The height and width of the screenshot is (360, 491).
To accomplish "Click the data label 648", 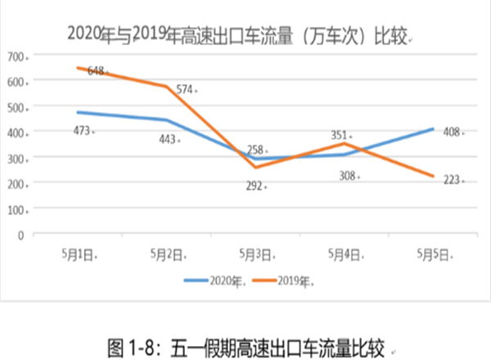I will pyautogui.click(x=95, y=71).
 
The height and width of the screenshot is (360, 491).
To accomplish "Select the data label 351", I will pyautogui.click(x=340, y=135).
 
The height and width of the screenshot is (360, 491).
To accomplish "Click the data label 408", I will pyautogui.click(x=453, y=130).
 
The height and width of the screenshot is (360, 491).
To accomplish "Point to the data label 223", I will pyautogui.click(x=453, y=180).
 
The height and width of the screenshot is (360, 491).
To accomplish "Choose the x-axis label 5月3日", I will pyautogui.click(x=254, y=255).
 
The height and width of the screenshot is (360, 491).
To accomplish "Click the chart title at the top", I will pyautogui.click(x=238, y=34).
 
